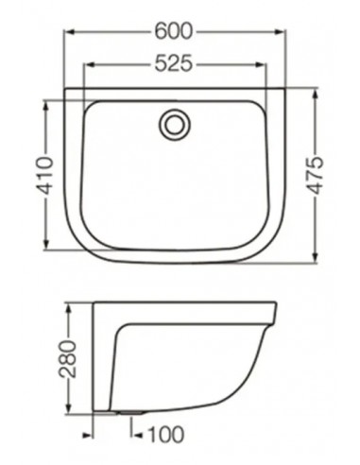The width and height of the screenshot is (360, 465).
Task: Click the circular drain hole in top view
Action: click(x=174, y=123)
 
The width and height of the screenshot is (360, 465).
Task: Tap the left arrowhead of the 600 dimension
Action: click(x=69, y=30)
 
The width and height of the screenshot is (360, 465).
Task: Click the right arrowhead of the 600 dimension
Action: click(x=281, y=30)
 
